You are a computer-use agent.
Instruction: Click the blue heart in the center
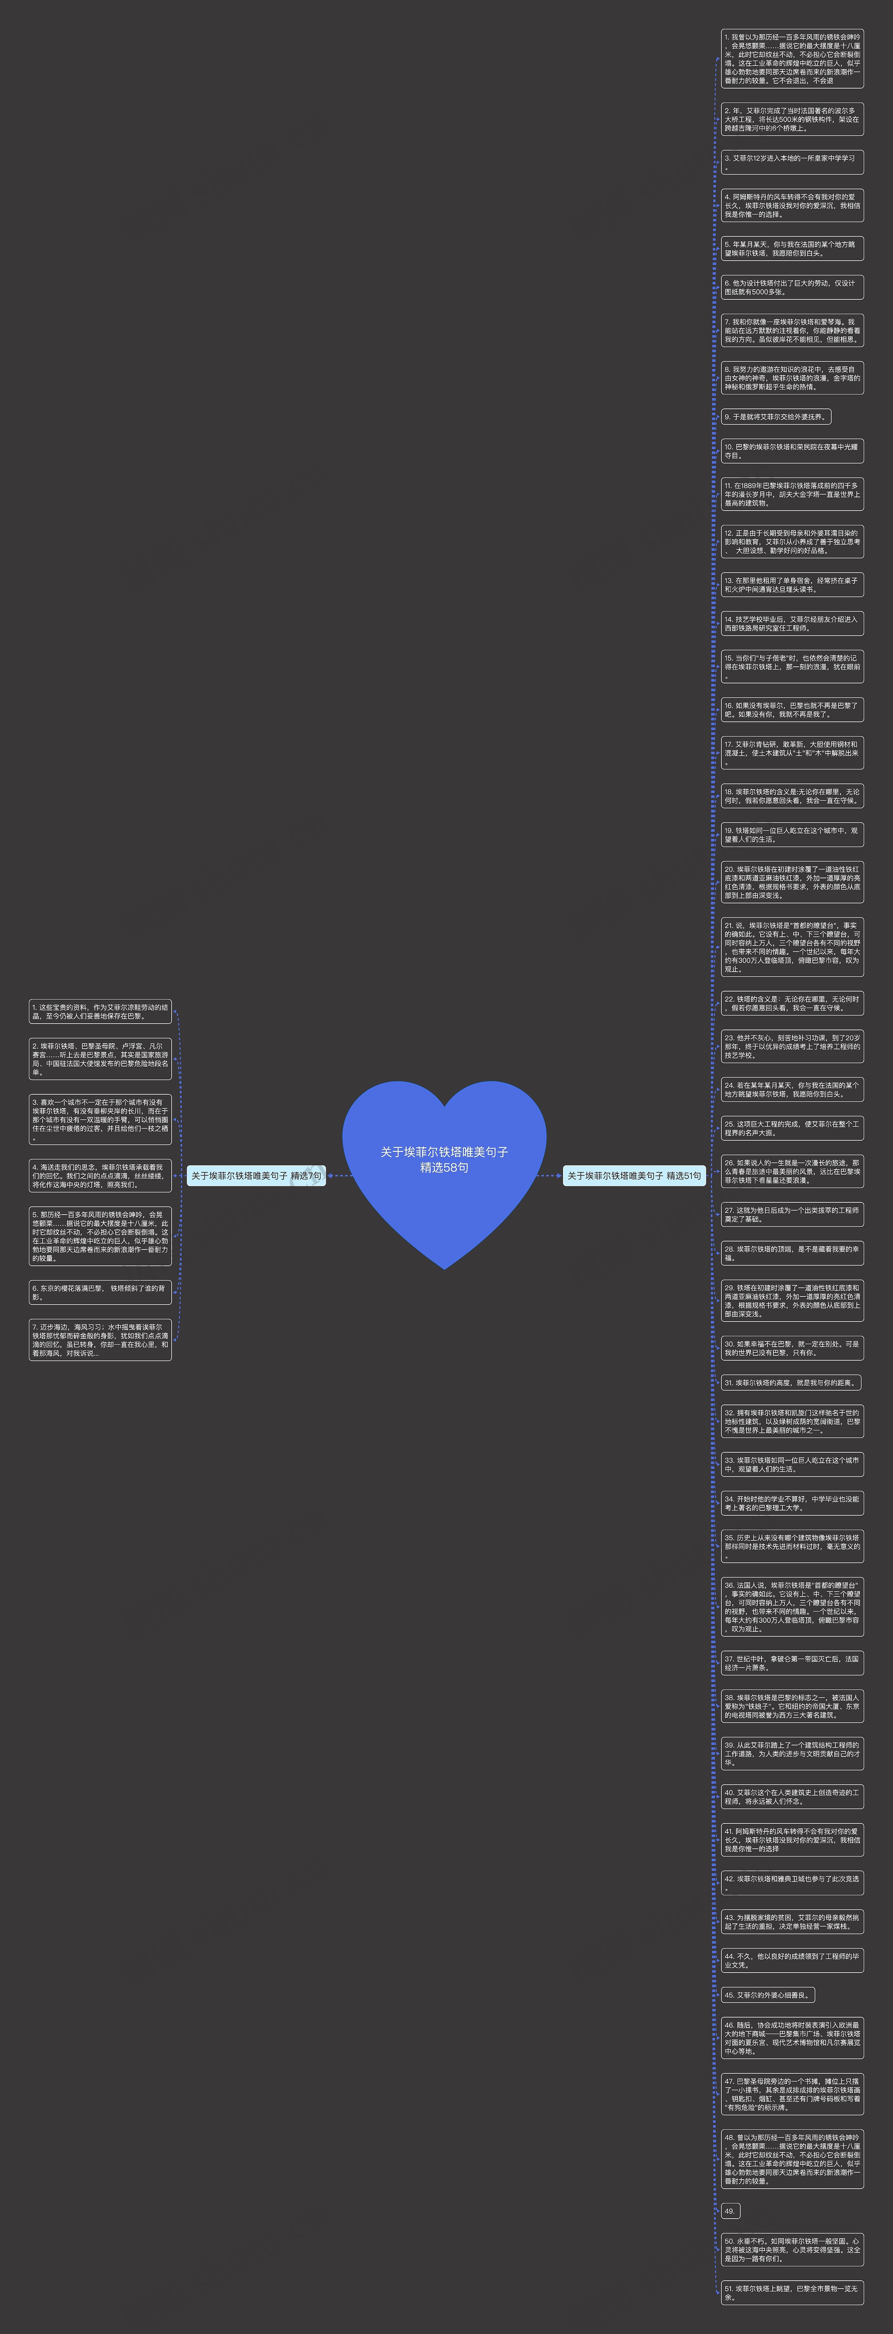pos(444,1169)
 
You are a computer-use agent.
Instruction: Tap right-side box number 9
pos(775,417)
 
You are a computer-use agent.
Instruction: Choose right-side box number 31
pos(790,1383)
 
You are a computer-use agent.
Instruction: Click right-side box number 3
pos(791,162)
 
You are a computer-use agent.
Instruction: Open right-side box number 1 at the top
pos(791,59)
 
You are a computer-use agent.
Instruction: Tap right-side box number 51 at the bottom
pos(791,2293)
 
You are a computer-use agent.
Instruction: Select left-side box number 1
pos(100,1011)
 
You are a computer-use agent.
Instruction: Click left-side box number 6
pos(100,1292)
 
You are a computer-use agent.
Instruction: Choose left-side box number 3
pos(100,1120)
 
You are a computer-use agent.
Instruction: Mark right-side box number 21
pos(791,947)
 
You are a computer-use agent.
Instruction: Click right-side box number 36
pos(791,1606)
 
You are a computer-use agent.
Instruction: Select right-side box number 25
pos(791,1128)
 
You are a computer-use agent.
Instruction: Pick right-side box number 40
pos(791,1797)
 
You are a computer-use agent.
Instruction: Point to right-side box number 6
pos(791,287)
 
